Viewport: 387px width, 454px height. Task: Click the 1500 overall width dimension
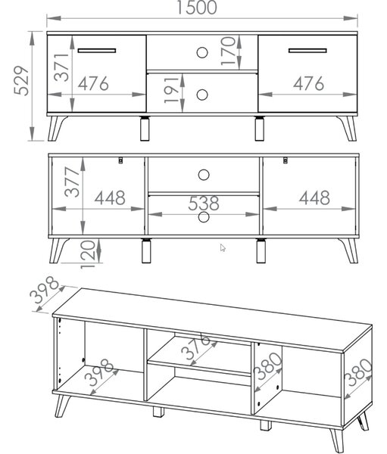click(197, 8)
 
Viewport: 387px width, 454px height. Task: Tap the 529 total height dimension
click(22, 81)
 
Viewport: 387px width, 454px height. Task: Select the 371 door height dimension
click(62, 67)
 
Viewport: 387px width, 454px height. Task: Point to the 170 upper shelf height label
click(229, 51)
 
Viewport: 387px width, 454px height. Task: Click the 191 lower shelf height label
click(172, 89)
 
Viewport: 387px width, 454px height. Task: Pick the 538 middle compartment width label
click(204, 204)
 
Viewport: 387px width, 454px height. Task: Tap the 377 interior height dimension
click(72, 182)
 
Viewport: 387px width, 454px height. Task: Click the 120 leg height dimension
click(88, 254)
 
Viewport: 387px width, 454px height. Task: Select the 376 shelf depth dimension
click(195, 346)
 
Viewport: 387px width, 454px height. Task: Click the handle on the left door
click(97, 51)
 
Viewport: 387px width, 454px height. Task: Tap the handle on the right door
click(307, 51)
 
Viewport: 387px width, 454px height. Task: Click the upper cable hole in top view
click(202, 53)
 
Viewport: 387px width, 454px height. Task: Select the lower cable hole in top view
click(202, 95)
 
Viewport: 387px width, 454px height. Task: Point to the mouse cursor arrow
click(223, 248)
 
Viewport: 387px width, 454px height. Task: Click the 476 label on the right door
click(308, 83)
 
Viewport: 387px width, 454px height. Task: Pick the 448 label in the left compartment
click(110, 197)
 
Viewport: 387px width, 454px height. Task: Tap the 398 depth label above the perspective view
click(45, 290)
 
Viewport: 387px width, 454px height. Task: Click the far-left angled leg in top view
click(57, 129)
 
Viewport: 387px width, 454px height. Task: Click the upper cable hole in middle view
click(204, 175)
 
